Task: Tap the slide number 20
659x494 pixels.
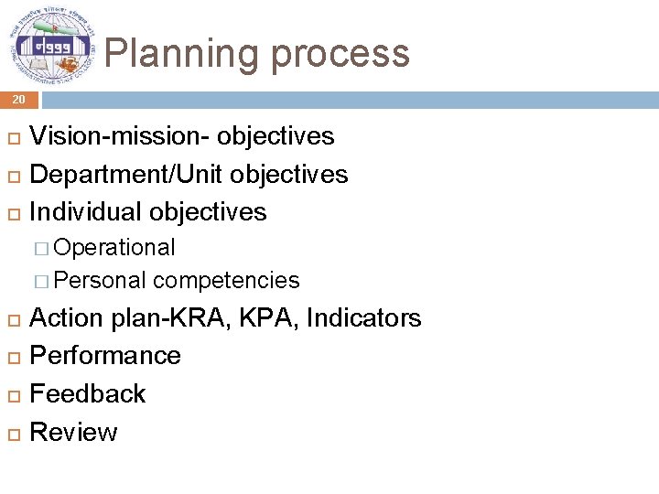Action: coord(18,100)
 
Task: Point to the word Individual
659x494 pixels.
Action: coord(86,212)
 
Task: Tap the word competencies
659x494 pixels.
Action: coord(227,281)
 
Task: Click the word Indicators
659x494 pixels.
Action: coord(363,318)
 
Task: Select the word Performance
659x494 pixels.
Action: coord(105,356)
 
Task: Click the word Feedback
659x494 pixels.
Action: coord(88,394)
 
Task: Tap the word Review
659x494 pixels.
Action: coord(73,432)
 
